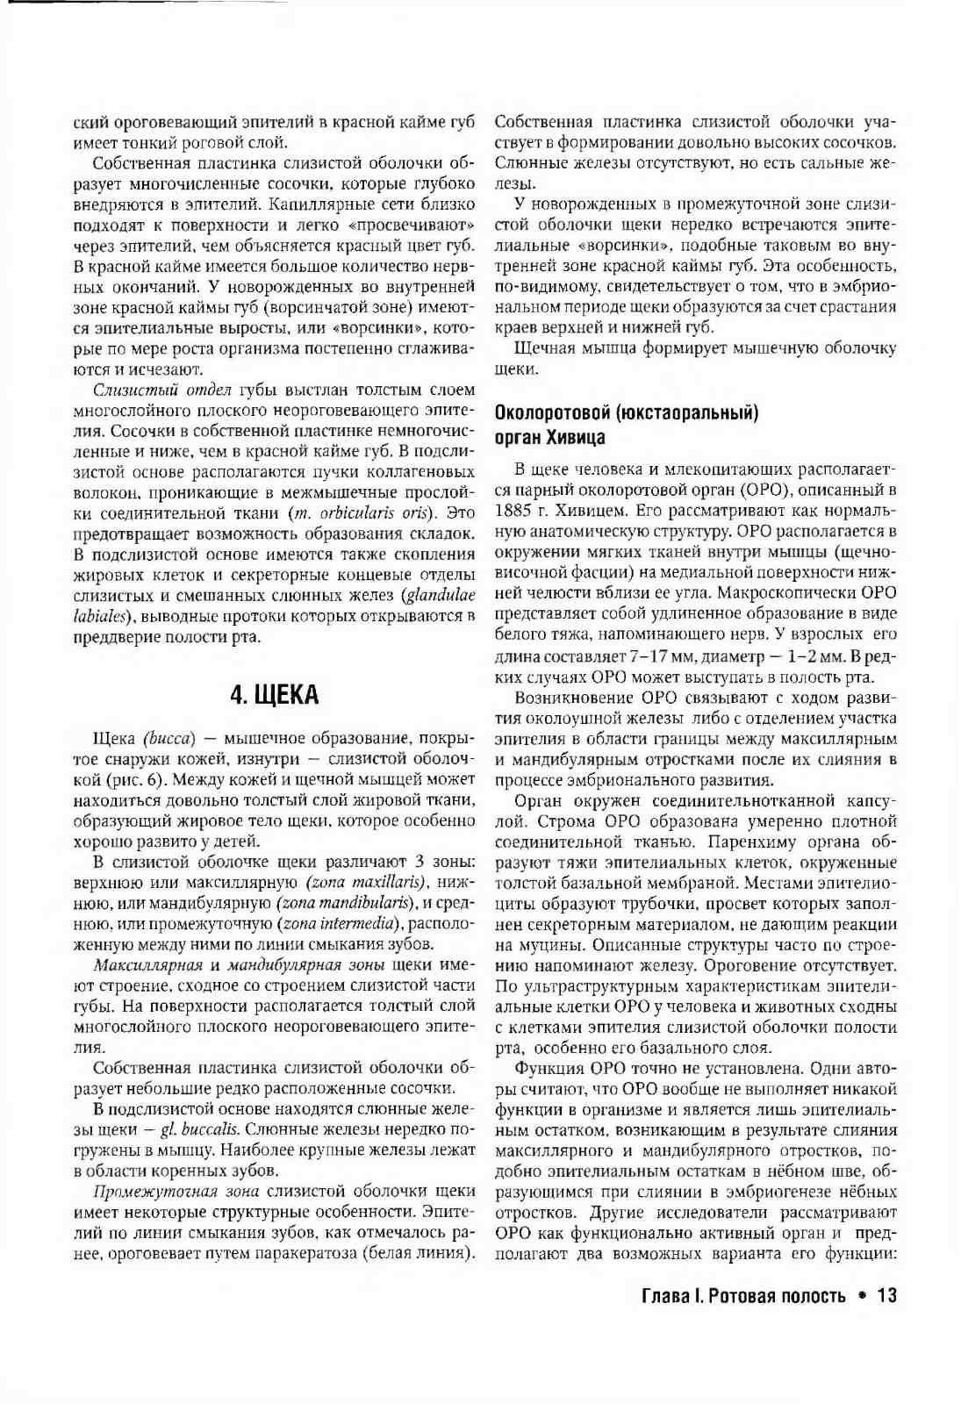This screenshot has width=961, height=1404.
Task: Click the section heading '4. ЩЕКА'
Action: pos(274,695)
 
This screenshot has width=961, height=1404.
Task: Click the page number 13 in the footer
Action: pos(886,1296)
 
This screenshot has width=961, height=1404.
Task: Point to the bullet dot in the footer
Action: pos(862,1296)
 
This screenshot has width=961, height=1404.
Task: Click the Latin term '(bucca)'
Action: pos(168,738)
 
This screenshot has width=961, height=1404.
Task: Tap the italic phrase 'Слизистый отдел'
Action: pos(161,390)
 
